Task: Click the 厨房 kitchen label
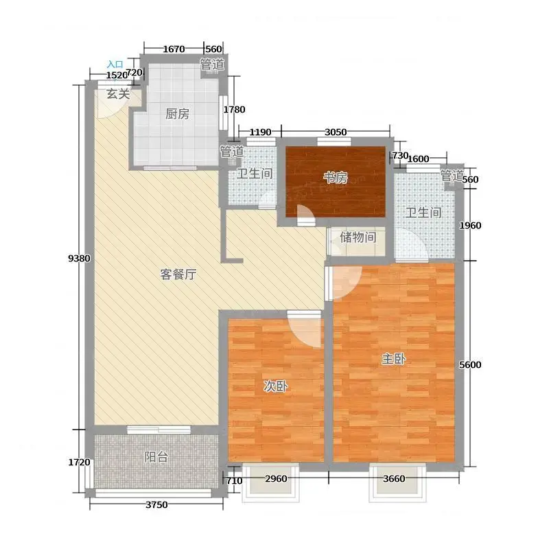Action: pos(177,114)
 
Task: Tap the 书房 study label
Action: pos(335,178)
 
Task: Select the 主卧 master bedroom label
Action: pos(393,359)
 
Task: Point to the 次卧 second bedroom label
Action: pos(276,386)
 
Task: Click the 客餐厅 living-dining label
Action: pos(178,274)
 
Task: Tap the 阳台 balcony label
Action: pos(156,457)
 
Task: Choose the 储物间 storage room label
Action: pos(358,237)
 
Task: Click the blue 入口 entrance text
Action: pos(115,65)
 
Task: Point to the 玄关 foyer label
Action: pos(118,94)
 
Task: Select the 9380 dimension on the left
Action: pos(79,259)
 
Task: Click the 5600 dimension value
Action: pos(470,365)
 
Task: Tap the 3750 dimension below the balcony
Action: pos(156,505)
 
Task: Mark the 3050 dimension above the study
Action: pos(336,132)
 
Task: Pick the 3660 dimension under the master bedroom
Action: pos(394,478)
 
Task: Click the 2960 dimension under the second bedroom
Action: pos(276,478)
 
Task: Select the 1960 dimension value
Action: pos(470,226)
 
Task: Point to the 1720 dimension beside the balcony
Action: pos(79,463)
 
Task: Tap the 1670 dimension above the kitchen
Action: pos(174,49)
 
